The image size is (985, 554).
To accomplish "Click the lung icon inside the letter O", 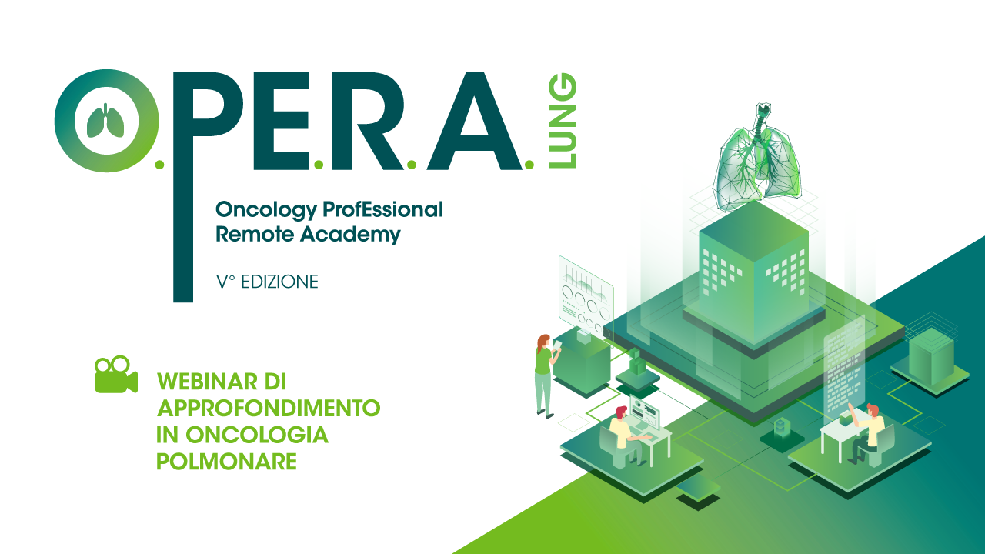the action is click(105, 121).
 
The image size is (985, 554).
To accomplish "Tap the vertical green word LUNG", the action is click(563, 121).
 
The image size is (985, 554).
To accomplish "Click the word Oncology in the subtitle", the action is click(266, 211).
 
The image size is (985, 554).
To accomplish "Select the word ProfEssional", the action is click(383, 209).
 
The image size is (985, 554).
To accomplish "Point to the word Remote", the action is click(255, 234).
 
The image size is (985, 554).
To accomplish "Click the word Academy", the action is click(350, 235).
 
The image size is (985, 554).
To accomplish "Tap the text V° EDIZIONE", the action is click(267, 282).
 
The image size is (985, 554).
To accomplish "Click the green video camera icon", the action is click(116, 374).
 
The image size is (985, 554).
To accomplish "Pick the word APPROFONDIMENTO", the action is click(269, 408).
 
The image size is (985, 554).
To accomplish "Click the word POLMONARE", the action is click(226, 462).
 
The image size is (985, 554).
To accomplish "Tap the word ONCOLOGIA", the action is click(257, 435).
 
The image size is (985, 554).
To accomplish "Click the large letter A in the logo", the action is click(474, 121).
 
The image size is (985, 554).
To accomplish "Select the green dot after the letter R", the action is click(412, 165).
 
